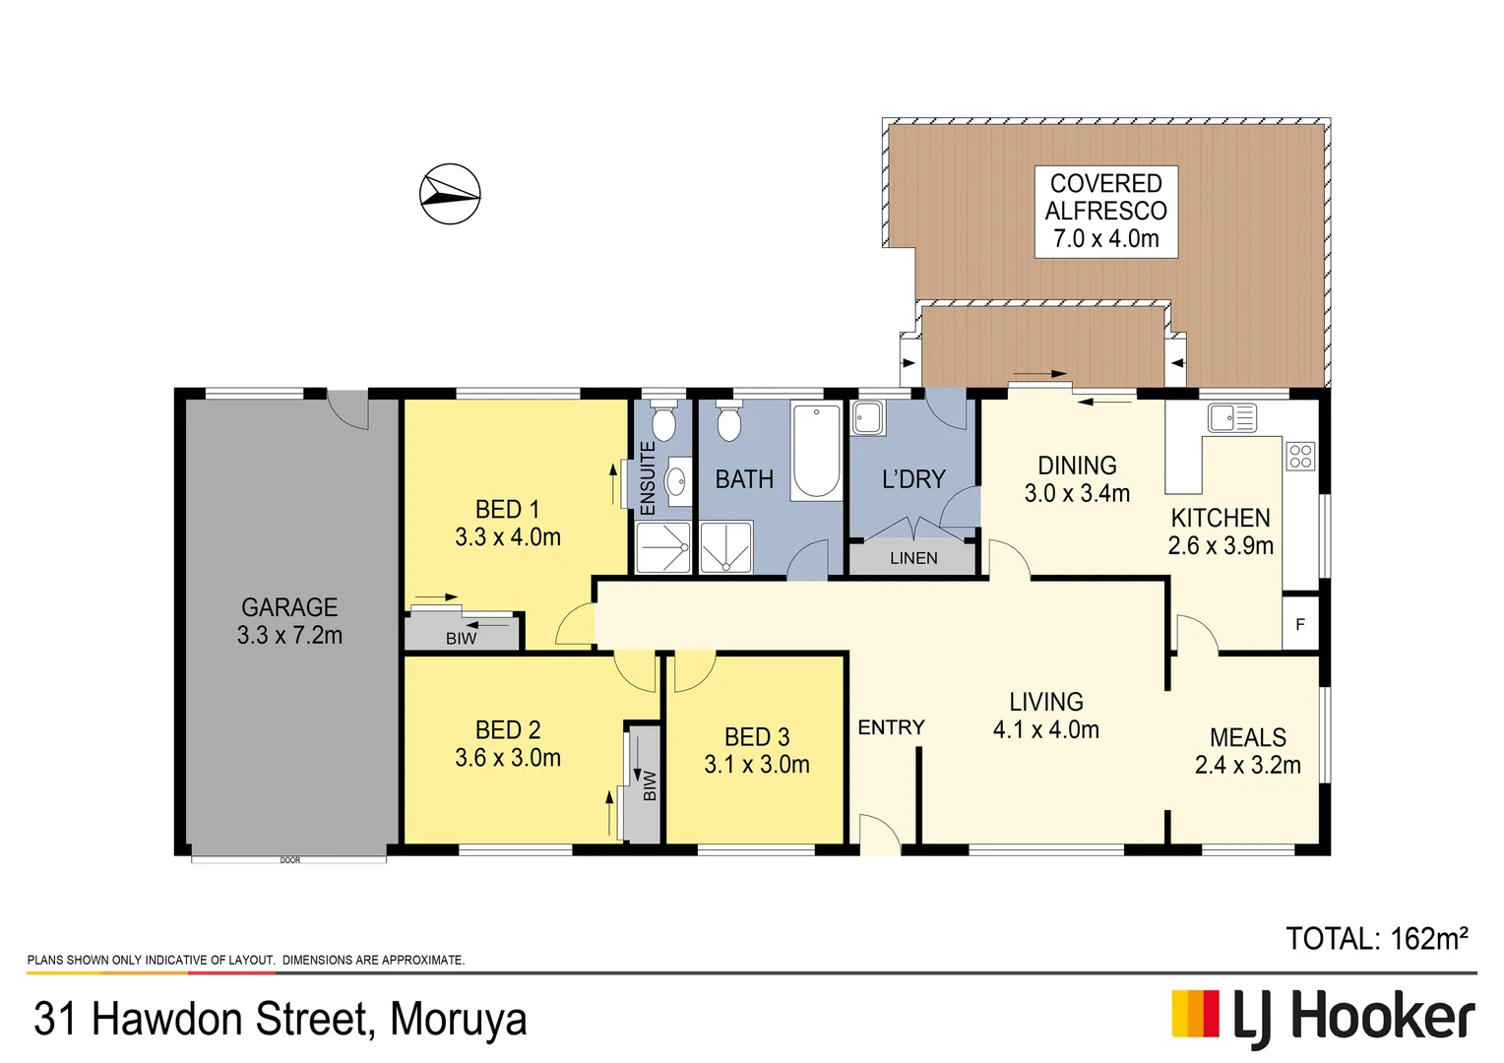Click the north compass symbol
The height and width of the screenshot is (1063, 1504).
450,194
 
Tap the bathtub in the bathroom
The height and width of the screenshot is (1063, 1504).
816,451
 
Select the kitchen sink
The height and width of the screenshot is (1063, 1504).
1231,418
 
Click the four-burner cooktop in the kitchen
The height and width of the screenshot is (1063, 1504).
1300,456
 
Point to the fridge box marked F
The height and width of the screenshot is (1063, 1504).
1300,624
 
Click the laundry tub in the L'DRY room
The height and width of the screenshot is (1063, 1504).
868,417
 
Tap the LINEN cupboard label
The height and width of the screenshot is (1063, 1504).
913,558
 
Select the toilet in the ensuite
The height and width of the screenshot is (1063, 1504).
663,423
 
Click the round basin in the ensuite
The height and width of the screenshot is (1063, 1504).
676,482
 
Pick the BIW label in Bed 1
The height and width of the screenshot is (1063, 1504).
461,639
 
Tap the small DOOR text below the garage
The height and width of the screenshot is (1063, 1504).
290,860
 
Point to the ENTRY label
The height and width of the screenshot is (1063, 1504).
891,727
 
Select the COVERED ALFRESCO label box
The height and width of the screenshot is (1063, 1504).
1105,212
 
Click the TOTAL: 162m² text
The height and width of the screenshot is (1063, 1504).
1376,939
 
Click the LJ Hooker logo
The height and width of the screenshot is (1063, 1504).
1323,1017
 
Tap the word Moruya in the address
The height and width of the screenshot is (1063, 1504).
458,1020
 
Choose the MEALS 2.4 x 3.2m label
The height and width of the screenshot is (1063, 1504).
1247,751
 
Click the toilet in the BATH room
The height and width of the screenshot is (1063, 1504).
728,423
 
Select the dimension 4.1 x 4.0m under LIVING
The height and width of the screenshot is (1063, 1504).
1045,729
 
